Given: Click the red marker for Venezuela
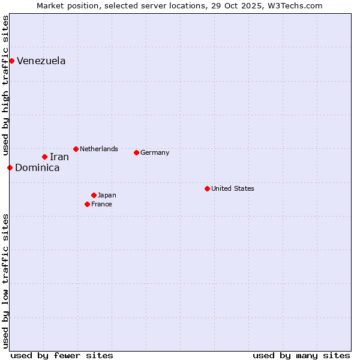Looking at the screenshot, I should coord(11,61).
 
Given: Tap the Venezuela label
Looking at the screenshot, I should coord(41,61).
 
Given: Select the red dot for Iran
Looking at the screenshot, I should coord(44,157).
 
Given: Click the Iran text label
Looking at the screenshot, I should coord(59,157).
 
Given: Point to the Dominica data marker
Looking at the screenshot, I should coord(10,167).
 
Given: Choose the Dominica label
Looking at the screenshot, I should coord(37,168).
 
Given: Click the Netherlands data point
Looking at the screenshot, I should coord(76,149).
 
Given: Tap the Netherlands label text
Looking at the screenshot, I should coord(99,149).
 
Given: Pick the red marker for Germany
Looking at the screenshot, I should coord(136,152).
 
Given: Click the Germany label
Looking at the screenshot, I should coord(155,152).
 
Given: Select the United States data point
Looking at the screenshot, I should coord(207,188).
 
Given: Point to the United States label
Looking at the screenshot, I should coord(233,188).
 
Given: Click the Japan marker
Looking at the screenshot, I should coord(94,195).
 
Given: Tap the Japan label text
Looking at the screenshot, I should coord(107,195).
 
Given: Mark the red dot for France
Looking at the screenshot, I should coord(87,204).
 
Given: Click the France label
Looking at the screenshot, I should coord(102,204).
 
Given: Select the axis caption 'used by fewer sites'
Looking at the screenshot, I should coord(62,355).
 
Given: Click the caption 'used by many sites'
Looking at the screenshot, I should coord(301,355).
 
